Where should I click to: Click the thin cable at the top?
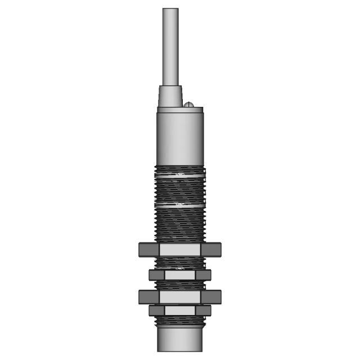170,45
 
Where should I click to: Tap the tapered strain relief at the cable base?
170,96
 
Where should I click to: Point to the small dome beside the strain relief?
190,103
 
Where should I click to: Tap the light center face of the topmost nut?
179,249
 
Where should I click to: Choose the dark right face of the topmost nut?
210,249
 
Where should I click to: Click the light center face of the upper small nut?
179,274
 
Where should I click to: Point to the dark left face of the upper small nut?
156,274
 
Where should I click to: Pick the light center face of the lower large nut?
179,296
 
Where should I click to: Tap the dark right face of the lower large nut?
211,296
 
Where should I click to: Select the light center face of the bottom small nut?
179,310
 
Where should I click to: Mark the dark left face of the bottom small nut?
156,310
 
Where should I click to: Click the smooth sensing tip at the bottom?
179,340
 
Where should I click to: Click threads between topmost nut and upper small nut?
179,263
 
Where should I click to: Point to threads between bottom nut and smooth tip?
179,322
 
